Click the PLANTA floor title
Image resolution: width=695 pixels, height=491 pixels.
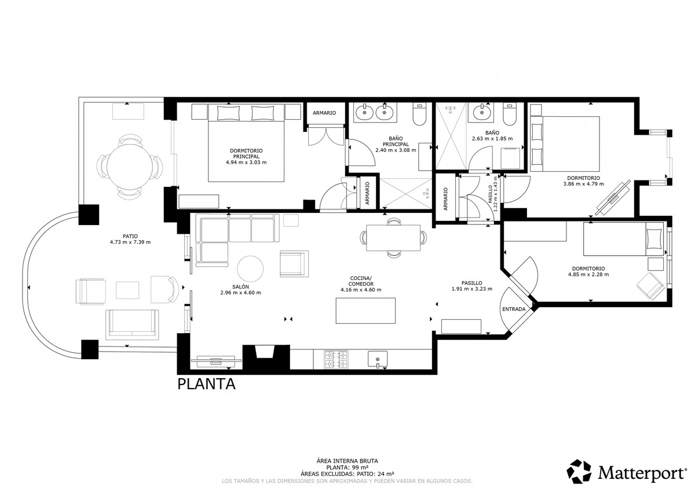206,384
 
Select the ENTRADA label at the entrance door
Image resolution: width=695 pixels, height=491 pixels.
514,309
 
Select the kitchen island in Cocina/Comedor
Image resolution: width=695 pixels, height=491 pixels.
366,311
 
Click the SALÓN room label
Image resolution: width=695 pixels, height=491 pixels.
240,286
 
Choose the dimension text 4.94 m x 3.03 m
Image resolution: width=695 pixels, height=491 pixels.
246,163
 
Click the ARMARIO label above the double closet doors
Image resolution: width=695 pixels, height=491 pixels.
324,113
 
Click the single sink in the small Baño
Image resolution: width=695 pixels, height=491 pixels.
480,112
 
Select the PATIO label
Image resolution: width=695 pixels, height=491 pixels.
130,235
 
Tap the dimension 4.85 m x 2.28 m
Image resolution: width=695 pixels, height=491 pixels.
588,275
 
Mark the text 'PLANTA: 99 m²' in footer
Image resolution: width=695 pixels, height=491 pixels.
348,467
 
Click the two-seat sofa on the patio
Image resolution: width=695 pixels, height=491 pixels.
132,323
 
